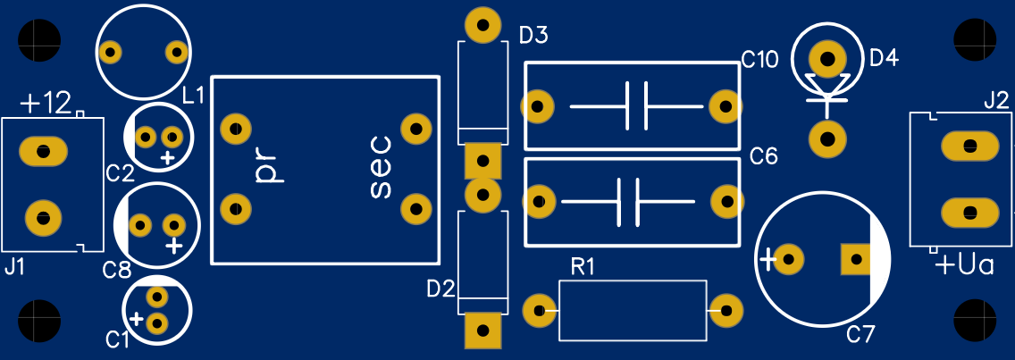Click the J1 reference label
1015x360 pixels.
pyautogui.click(x=15, y=266)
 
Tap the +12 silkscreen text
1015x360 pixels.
pyautogui.click(x=46, y=104)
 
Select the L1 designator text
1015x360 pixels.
pyautogui.click(x=194, y=96)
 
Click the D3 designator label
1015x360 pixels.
pyautogui.click(x=533, y=35)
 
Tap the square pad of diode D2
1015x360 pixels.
pyautogui.click(x=482, y=331)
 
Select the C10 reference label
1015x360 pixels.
pyautogui.click(x=760, y=61)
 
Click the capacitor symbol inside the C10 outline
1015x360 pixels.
pyautogui.click(x=636, y=105)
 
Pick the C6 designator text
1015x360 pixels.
pyautogui.click(x=764, y=156)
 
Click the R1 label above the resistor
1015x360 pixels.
pyautogui.click(x=582, y=266)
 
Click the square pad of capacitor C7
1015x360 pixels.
pyautogui.click(x=857, y=260)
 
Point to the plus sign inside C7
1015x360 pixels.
pyautogui.click(x=768, y=260)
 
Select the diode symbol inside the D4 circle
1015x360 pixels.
pyautogui.click(x=827, y=91)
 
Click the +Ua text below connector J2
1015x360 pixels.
pyautogui.click(x=964, y=264)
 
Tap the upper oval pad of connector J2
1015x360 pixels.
pyautogui.click(x=969, y=145)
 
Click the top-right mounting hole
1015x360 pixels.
pyautogui.click(x=976, y=40)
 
